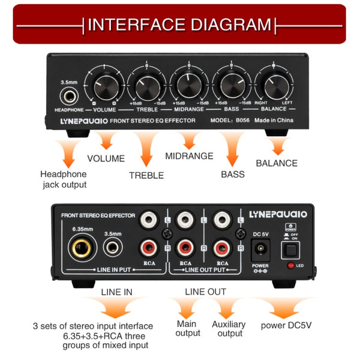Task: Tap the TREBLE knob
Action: (x=147, y=87)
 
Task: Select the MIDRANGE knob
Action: (x=188, y=87)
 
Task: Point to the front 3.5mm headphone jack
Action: (x=68, y=96)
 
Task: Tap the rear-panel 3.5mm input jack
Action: (x=112, y=247)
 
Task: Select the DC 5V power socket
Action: (x=261, y=248)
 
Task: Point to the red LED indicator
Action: (x=292, y=265)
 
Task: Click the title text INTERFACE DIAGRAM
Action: (x=179, y=25)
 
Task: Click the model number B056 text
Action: (x=242, y=121)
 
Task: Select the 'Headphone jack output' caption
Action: (x=64, y=179)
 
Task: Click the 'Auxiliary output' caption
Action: (x=229, y=329)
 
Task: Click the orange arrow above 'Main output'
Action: (x=187, y=308)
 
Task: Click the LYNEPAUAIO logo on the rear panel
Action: (x=278, y=214)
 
